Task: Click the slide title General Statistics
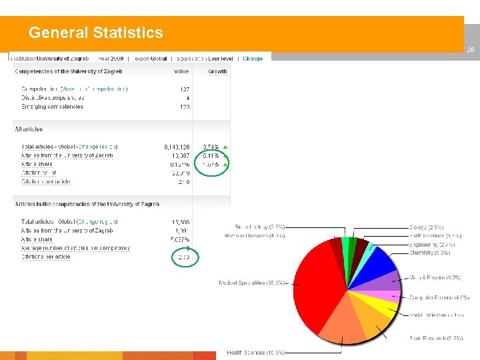95,33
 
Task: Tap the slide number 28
470,50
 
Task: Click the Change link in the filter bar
253,59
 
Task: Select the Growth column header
217,71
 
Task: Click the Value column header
181,71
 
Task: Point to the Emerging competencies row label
53,107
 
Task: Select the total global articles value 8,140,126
176,147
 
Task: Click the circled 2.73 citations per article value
183,257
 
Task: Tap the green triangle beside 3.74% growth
225,147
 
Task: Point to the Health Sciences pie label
256,353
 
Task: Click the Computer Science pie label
439,297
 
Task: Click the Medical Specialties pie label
252,283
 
